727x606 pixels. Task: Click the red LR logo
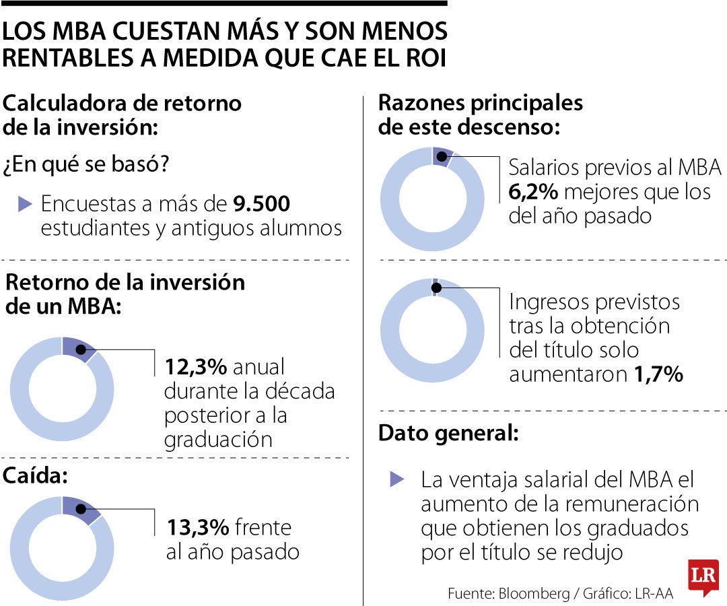click(x=703, y=578)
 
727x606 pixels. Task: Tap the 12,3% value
click(x=197, y=367)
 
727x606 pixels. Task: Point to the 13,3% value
click(x=197, y=527)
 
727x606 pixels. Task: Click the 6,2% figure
click(x=533, y=192)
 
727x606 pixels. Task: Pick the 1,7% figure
click(x=658, y=374)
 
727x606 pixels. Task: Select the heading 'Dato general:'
click(x=448, y=433)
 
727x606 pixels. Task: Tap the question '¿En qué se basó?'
click(x=86, y=165)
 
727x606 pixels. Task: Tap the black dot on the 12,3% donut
click(x=80, y=349)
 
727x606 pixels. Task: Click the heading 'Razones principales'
click(x=480, y=103)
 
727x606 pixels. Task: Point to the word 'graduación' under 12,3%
click(x=218, y=439)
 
